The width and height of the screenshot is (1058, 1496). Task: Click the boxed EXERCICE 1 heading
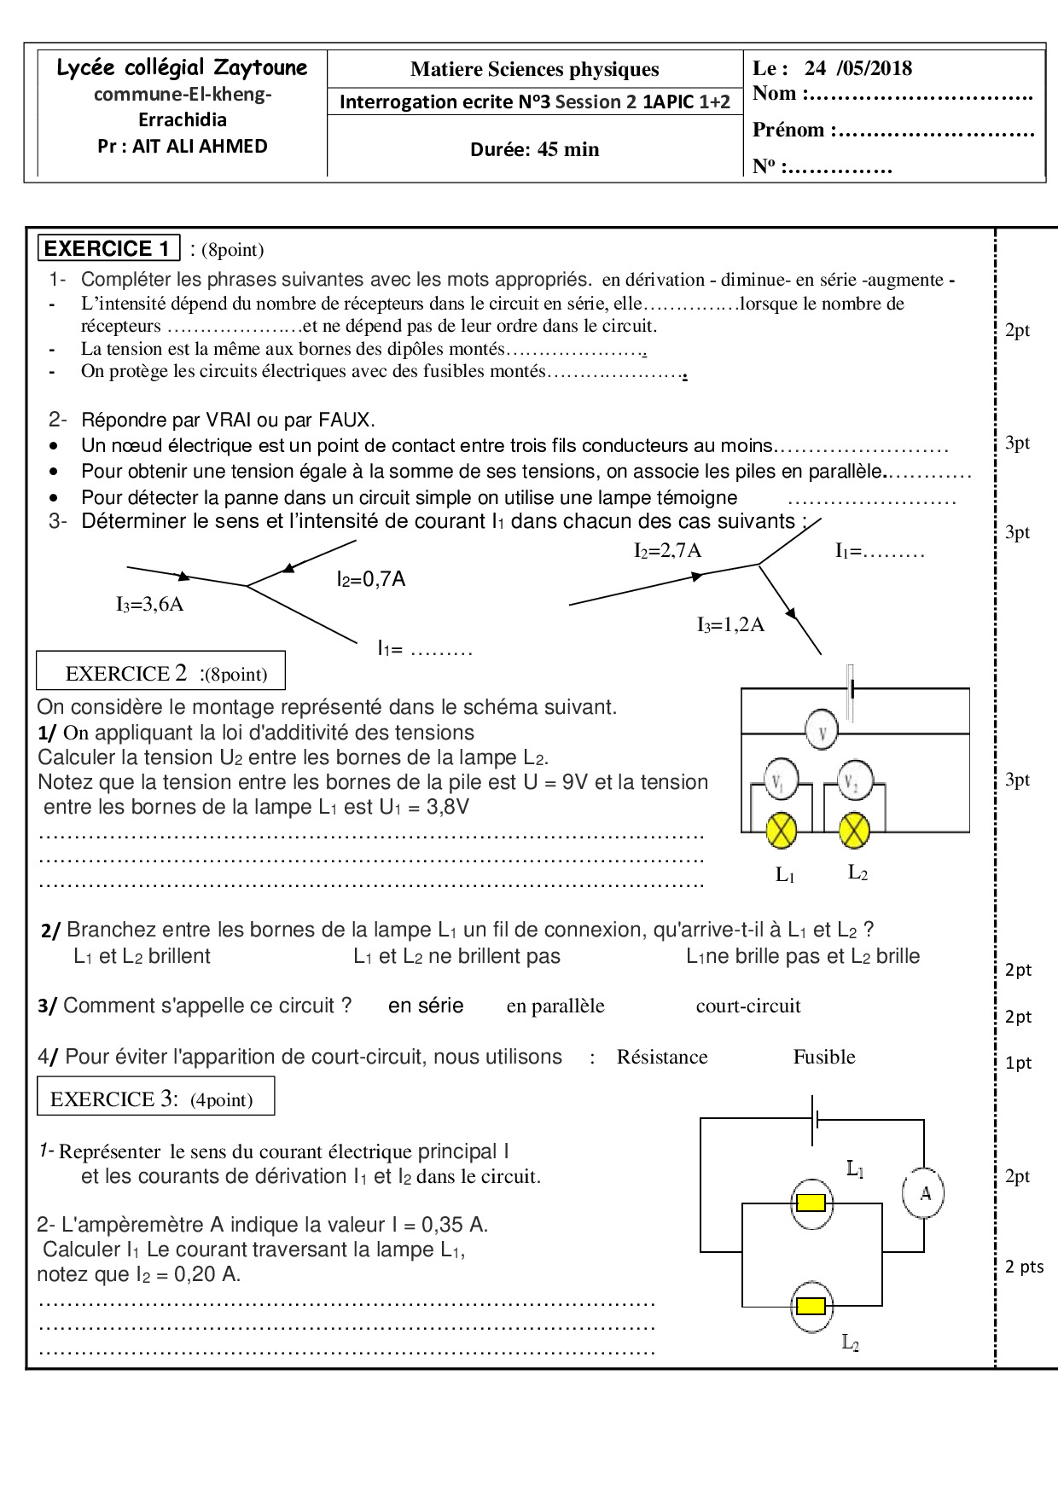pyautogui.click(x=108, y=248)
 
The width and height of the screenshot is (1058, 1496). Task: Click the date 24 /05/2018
pyautogui.click(x=857, y=68)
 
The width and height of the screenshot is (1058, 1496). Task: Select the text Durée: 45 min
pyautogui.click(x=534, y=149)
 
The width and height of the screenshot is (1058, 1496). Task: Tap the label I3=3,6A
pyautogui.click(x=150, y=605)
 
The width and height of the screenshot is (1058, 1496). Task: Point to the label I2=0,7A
pyautogui.click(x=370, y=580)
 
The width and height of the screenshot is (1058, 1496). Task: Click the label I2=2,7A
pyautogui.click(x=667, y=551)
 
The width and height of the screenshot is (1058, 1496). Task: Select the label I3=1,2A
pyautogui.click(x=730, y=625)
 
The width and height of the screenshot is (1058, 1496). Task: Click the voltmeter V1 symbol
pyautogui.click(x=779, y=779)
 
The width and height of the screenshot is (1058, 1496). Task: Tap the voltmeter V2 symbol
pyautogui.click(x=852, y=780)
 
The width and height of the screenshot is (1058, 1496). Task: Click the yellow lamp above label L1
pyautogui.click(x=782, y=830)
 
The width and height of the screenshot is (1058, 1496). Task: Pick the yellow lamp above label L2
pyautogui.click(x=854, y=830)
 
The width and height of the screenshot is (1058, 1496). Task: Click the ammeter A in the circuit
pyautogui.click(x=924, y=1192)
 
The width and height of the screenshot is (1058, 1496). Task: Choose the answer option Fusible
pyautogui.click(x=823, y=1057)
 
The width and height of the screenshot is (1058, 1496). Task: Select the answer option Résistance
pyautogui.click(x=662, y=1057)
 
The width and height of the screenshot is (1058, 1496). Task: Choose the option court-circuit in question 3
pyautogui.click(x=748, y=1006)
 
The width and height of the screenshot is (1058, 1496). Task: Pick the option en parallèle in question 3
pyautogui.click(x=555, y=1006)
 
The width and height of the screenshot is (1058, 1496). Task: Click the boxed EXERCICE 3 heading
pyautogui.click(x=155, y=1099)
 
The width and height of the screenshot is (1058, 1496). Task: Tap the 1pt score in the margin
pyautogui.click(x=1018, y=1063)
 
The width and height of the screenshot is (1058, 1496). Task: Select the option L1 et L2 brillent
pyautogui.click(x=142, y=956)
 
